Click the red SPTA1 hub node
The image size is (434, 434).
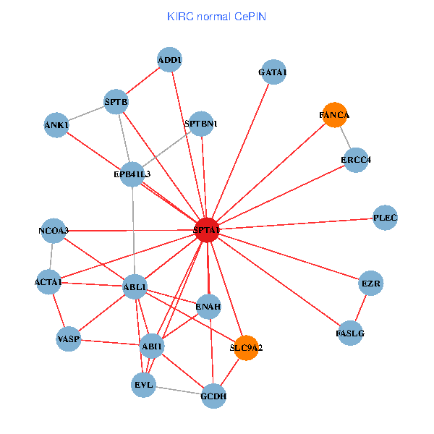(207, 231)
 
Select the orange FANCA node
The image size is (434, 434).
(334, 115)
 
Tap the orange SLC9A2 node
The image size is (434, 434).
(247, 348)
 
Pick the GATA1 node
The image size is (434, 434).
(273, 72)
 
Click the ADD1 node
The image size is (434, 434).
(169, 59)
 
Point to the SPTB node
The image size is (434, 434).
(116, 102)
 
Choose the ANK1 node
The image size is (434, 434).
(56, 125)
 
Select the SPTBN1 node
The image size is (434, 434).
(200, 124)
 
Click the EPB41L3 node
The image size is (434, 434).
(132, 174)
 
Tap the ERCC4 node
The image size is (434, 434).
(356, 160)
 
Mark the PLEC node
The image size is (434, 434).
(386, 218)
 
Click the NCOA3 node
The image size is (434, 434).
(54, 231)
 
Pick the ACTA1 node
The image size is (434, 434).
(48, 281)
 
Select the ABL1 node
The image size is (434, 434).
(135, 287)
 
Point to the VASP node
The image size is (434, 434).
(68, 339)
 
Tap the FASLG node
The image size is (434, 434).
(351, 333)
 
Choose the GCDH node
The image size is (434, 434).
(213, 396)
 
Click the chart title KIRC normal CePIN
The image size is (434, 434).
(216, 15)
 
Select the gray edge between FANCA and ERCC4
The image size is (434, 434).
(345, 137)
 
